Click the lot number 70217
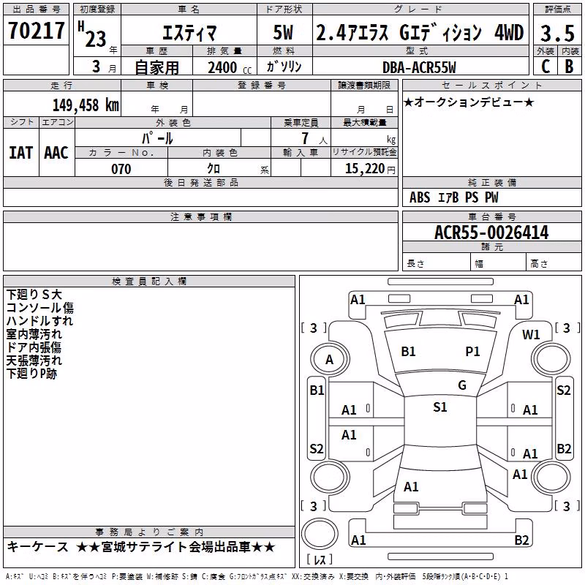point(36,31)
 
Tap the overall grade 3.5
point(557,33)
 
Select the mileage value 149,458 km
point(86,105)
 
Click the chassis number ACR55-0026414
point(491,233)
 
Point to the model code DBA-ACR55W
point(419,67)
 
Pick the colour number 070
point(121,169)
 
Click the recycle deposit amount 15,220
point(364,169)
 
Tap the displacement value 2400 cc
point(230,67)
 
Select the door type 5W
point(283,32)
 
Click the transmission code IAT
point(21,153)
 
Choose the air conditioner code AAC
point(56,153)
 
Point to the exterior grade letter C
point(546,67)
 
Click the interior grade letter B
point(569,67)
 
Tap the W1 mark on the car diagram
point(531,335)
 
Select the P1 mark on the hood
point(472,352)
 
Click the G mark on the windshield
point(462,385)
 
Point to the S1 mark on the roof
point(439,407)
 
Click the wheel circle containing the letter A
point(330,360)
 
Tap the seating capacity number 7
point(305,138)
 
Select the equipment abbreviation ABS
point(420,197)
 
